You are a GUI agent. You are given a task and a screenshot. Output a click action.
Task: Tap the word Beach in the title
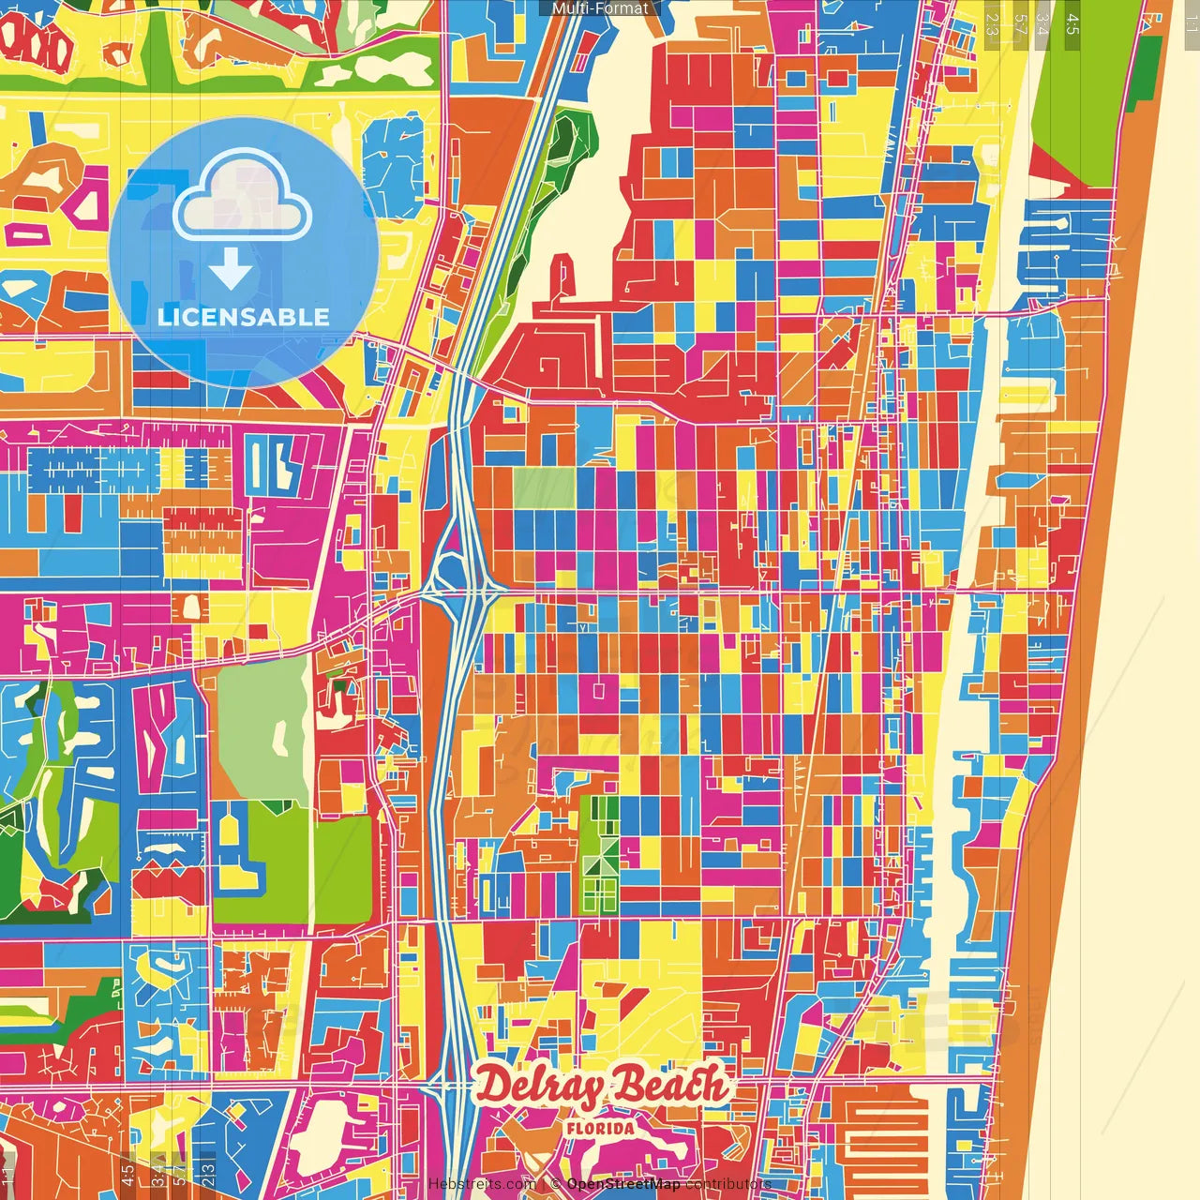[670, 1086]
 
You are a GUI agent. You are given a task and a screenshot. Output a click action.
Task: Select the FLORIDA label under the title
[600, 1129]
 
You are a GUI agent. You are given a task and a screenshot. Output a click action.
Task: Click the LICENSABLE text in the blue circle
[244, 317]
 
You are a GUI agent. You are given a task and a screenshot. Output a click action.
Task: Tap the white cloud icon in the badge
[242, 199]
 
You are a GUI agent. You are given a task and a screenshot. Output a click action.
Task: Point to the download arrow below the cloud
[231, 271]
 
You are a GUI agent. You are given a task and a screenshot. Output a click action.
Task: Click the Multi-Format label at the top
[600, 8]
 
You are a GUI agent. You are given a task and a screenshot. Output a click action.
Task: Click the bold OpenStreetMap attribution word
[623, 1184]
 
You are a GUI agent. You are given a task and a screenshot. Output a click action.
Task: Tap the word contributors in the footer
[728, 1184]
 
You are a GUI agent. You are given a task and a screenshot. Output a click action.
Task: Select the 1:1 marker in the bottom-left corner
[8, 1176]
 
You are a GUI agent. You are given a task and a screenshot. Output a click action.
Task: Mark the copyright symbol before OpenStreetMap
[555, 1184]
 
